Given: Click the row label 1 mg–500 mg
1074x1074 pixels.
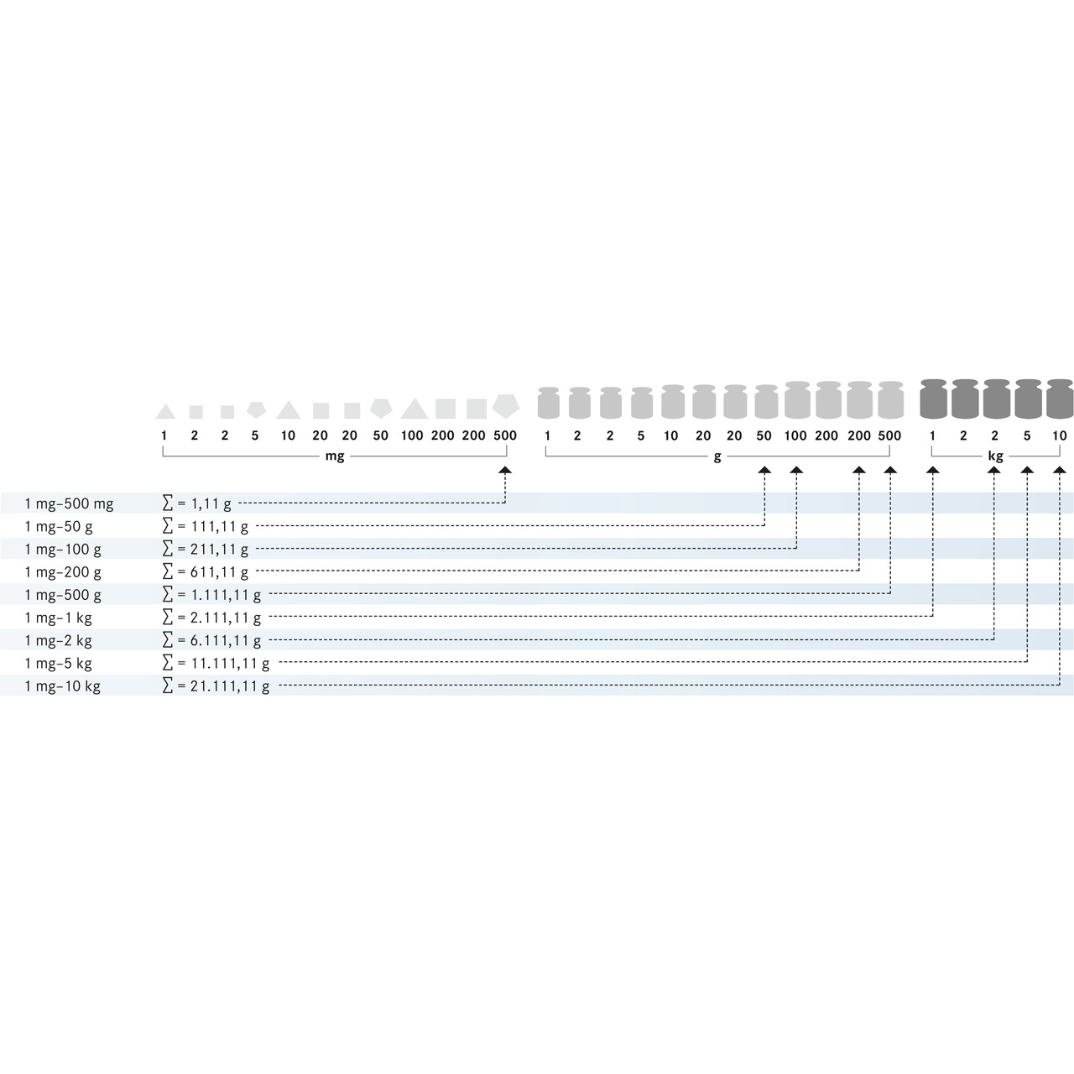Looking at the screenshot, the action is pos(69,503).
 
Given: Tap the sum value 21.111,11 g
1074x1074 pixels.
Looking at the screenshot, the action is pos(230,686).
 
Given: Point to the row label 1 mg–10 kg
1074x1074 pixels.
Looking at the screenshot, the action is pos(62,686).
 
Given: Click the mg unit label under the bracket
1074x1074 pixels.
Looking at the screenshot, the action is pos(335,456).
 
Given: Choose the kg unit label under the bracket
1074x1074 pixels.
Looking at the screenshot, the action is pos(995,456).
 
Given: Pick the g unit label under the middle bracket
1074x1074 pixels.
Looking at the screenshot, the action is pos(717,457).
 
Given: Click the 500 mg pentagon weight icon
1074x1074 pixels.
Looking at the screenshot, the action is pos(505,406).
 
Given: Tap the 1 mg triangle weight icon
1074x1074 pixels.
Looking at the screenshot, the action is pos(165,411).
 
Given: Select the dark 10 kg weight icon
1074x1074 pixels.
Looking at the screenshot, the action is pos(1060,399).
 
